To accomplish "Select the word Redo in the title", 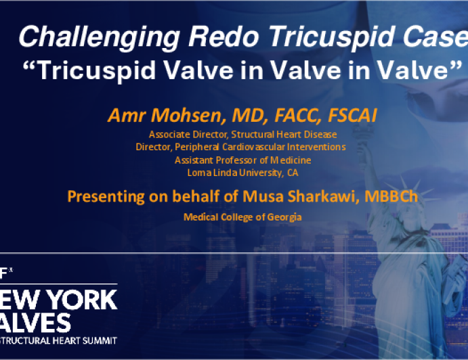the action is coord(224,36).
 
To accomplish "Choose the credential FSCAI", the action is coord(352,115).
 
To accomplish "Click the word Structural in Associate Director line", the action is coord(253,135).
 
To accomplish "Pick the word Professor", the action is coord(236,160).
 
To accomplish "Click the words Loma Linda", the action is coord(212,173).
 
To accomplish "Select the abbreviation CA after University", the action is coord(293,173).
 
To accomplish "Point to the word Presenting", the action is coord(106,197).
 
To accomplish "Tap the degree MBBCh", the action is coord(391,196).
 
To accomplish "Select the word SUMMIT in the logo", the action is coord(100,340).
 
